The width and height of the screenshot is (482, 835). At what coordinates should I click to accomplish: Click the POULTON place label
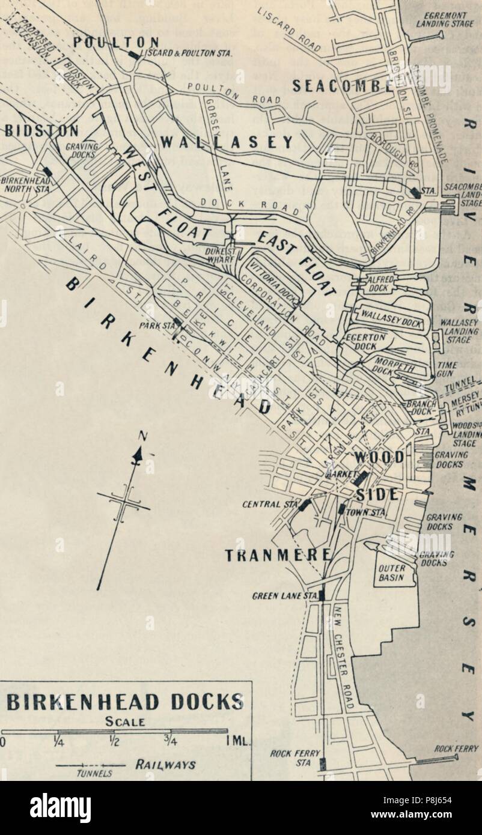(x=117, y=43)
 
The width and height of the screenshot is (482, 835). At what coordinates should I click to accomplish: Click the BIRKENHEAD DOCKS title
(x=125, y=702)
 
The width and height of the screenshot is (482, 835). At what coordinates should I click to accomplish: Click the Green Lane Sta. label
(x=284, y=596)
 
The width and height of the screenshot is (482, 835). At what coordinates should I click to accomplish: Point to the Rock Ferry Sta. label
(x=295, y=758)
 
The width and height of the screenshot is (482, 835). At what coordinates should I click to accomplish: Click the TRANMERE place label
(x=278, y=556)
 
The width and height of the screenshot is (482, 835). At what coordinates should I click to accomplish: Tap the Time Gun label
(x=447, y=368)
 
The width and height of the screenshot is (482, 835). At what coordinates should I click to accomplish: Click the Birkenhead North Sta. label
(x=22, y=184)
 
